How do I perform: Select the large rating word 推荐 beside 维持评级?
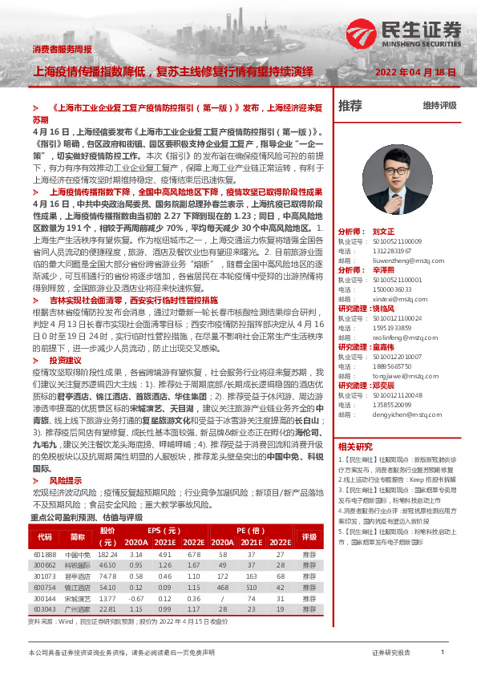350,106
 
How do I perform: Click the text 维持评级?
439,106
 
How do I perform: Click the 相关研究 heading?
355,446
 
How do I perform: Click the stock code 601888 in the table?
44,555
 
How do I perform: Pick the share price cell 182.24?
107,555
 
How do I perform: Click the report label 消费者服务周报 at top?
62,51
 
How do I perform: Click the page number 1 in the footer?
443,653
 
